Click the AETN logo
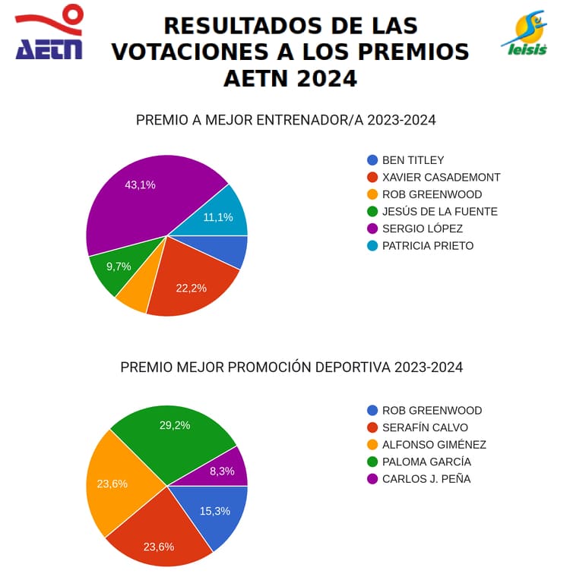[x=49, y=34]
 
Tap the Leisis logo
[x=525, y=34]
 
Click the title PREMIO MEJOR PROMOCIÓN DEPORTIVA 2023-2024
[x=291, y=367]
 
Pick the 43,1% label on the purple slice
[x=140, y=184]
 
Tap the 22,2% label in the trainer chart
[x=191, y=288]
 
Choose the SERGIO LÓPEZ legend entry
[x=422, y=229]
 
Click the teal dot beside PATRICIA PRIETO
[x=372, y=246]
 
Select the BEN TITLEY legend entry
[x=413, y=160]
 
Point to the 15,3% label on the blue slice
[x=215, y=511]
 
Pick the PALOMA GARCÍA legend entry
[x=426, y=462]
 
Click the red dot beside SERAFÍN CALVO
[x=372, y=427]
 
